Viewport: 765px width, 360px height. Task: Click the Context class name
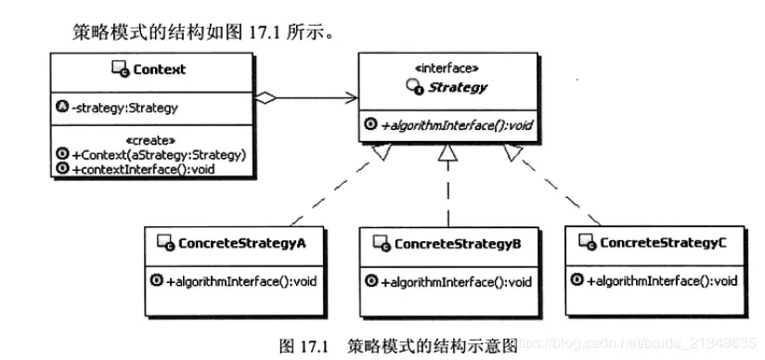point(159,69)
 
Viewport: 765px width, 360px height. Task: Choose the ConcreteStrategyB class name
point(457,243)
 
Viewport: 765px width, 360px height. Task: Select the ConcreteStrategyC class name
point(663,242)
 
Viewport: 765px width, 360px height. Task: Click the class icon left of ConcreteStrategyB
point(379,243)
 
